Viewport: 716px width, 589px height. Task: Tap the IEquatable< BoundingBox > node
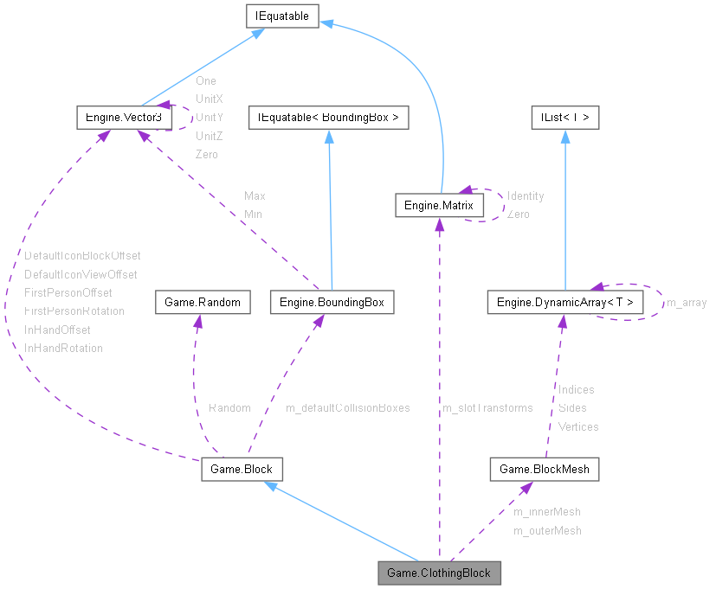point(328,117)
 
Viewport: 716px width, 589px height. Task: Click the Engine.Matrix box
point(439,205)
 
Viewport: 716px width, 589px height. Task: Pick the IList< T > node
point(564,117)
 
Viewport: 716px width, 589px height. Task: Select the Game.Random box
point(197,302)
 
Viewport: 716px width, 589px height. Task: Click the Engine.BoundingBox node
point(332,302)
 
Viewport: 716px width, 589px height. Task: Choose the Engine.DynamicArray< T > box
point(564,302)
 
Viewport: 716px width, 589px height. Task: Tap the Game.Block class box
point(242,469)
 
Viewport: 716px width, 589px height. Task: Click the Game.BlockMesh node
point(545,469)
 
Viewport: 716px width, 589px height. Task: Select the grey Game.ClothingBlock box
point(439,573)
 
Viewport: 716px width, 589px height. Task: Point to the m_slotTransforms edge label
point(487,407)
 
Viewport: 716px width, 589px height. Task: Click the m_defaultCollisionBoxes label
point(347,407)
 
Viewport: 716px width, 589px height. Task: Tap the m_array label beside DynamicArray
point(686,303)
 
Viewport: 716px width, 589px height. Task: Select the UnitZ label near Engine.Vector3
point(210,136)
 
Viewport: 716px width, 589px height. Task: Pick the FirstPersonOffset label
point(68,292)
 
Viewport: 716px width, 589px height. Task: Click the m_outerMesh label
point(546,530)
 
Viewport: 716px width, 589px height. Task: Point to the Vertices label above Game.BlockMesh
point(577,426)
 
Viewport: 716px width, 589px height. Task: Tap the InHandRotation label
point(63,348)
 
